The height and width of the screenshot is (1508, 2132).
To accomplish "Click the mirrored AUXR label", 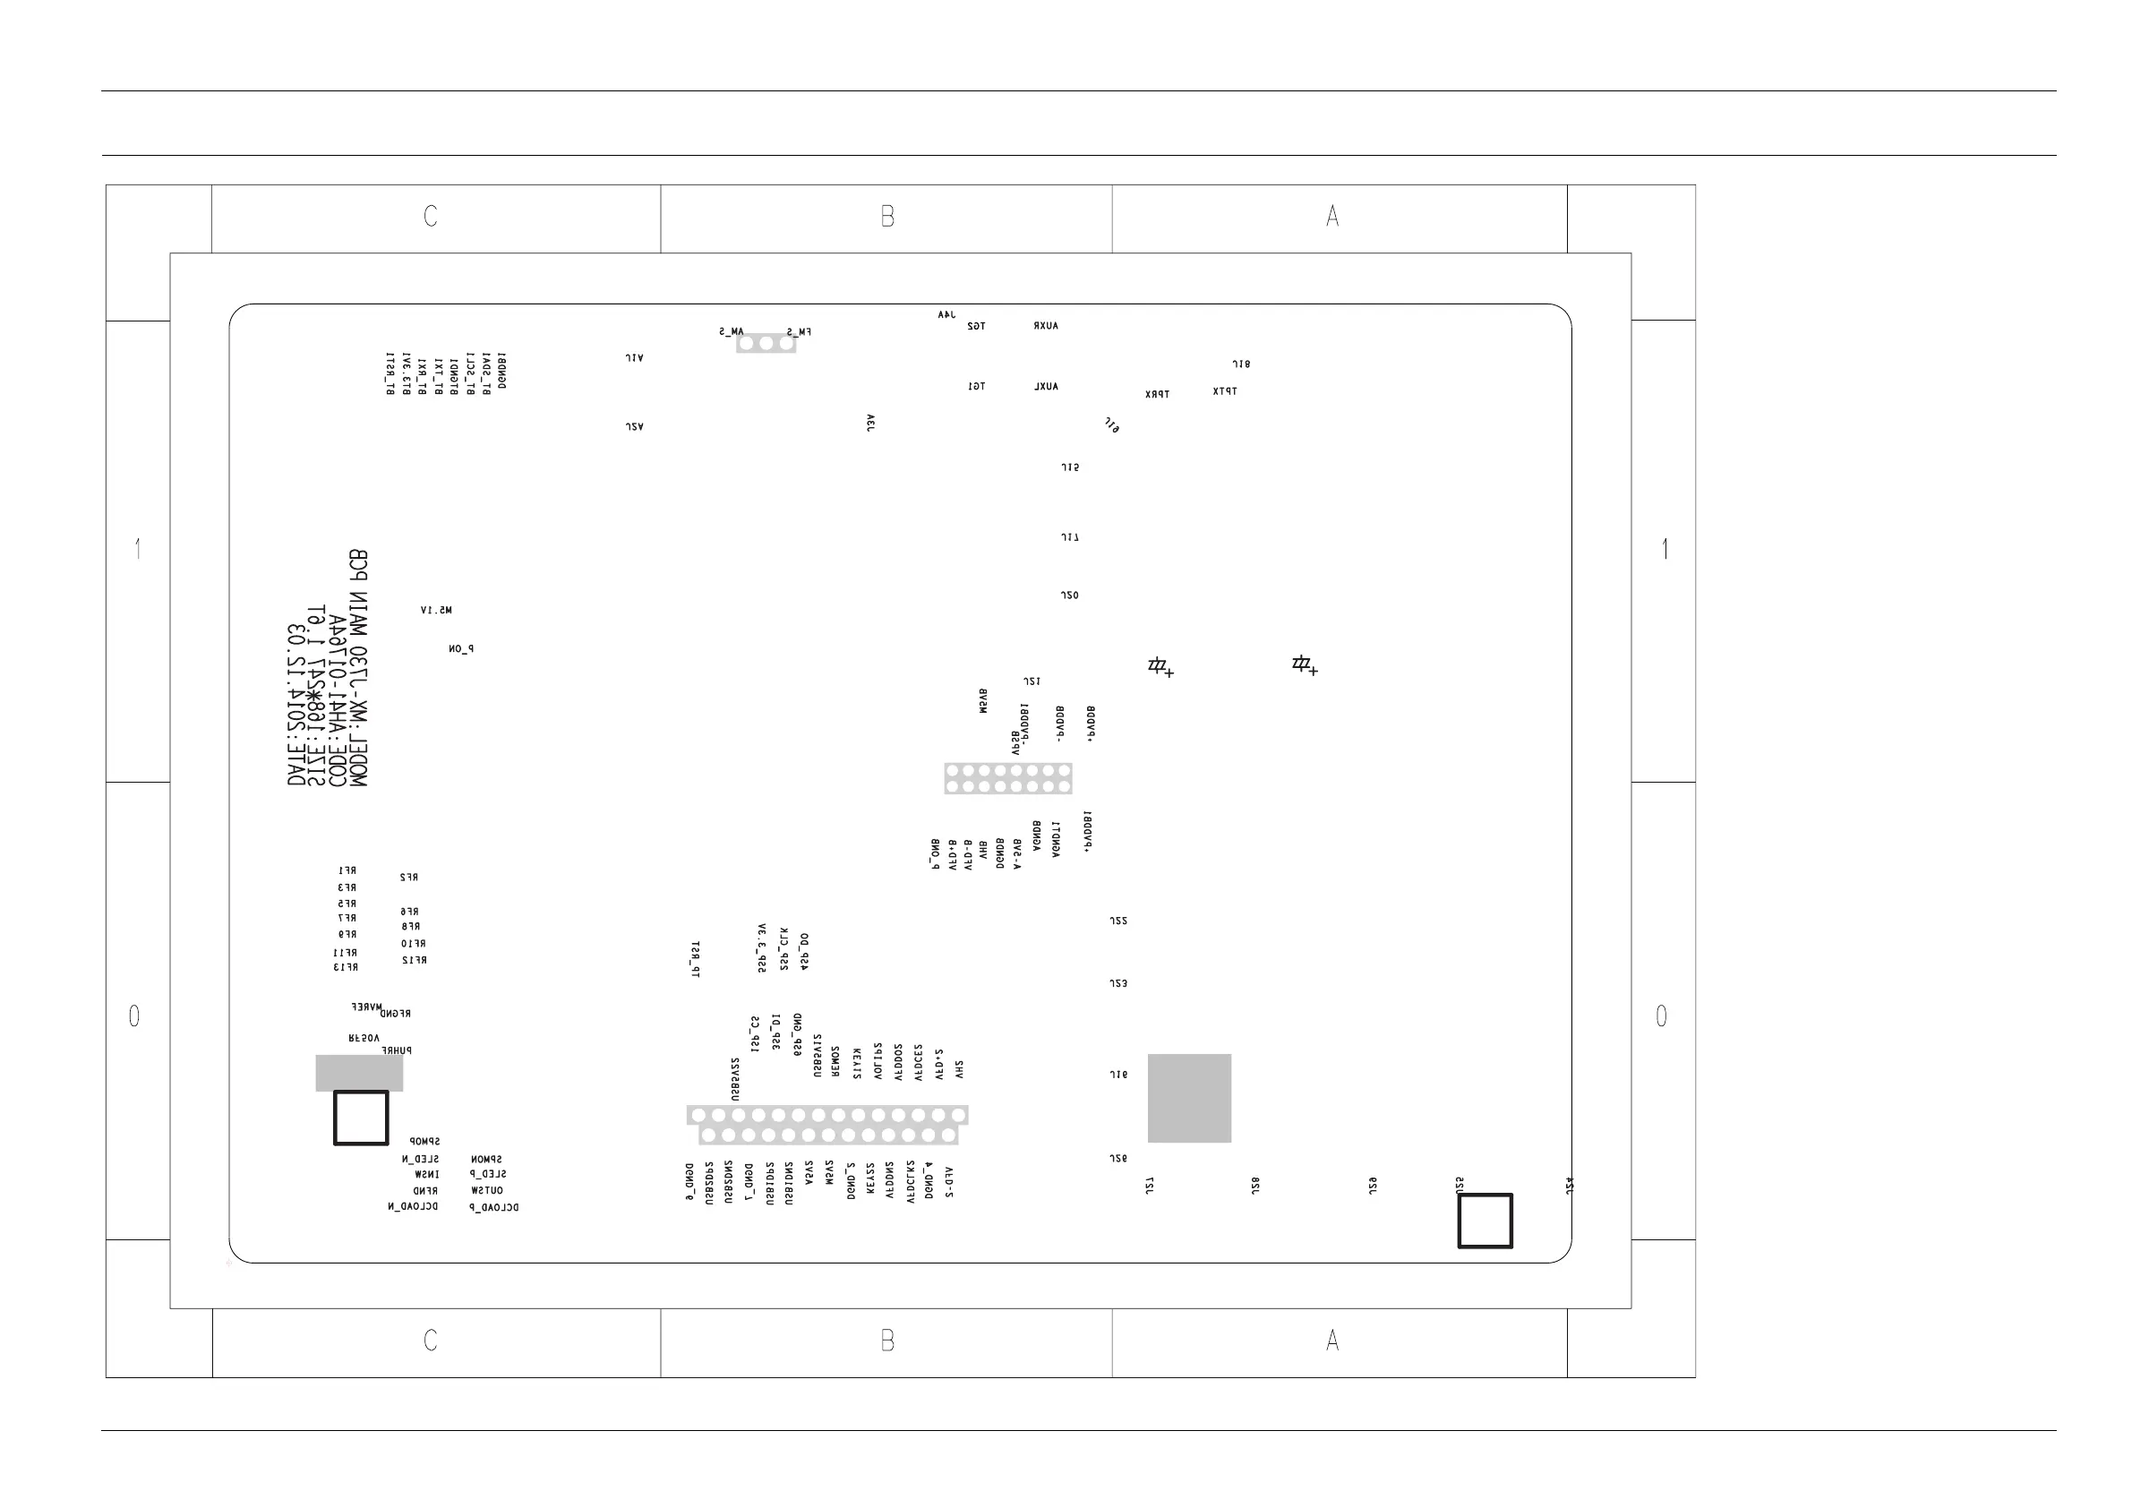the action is tap(1046, 326).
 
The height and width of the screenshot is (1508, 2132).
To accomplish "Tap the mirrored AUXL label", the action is tap(1046, 386).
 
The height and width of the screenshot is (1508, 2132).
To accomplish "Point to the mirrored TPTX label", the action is tap(1225, 392).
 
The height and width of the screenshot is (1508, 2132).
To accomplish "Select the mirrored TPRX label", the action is tap(1157, 395).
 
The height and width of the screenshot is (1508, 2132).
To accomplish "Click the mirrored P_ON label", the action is tap(460, 649).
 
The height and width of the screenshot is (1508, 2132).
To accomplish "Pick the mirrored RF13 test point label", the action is tap(346, 967).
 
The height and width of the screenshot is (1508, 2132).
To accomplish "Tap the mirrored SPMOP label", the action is tap(425, 1141).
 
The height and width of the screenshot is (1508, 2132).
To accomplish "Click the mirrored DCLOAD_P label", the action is tap(494, 1208).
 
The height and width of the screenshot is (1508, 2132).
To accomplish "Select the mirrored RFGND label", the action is tap(396, 1014).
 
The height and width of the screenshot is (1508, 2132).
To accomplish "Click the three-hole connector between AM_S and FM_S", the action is tap(766, 344).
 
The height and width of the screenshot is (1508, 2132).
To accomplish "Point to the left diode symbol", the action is tap(1160, 665).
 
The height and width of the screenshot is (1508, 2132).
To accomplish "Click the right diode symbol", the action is tap(1304, 664).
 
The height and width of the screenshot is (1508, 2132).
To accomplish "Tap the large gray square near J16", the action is tap(1189, 1098).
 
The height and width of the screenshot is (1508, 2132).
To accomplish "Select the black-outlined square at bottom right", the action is tap(1485, 1221).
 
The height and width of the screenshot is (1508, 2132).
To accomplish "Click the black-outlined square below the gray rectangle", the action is tap(361, 1118).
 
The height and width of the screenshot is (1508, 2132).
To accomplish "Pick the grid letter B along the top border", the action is tap(886, 217).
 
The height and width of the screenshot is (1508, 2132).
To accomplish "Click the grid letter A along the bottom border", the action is tap(1332, 1340).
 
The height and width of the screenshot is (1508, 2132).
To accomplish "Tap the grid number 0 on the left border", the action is tap(134, 1015).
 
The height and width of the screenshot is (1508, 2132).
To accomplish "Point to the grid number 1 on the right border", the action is tap(1665, 549).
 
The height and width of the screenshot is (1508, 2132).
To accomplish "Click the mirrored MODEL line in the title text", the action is tap(357, 669).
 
